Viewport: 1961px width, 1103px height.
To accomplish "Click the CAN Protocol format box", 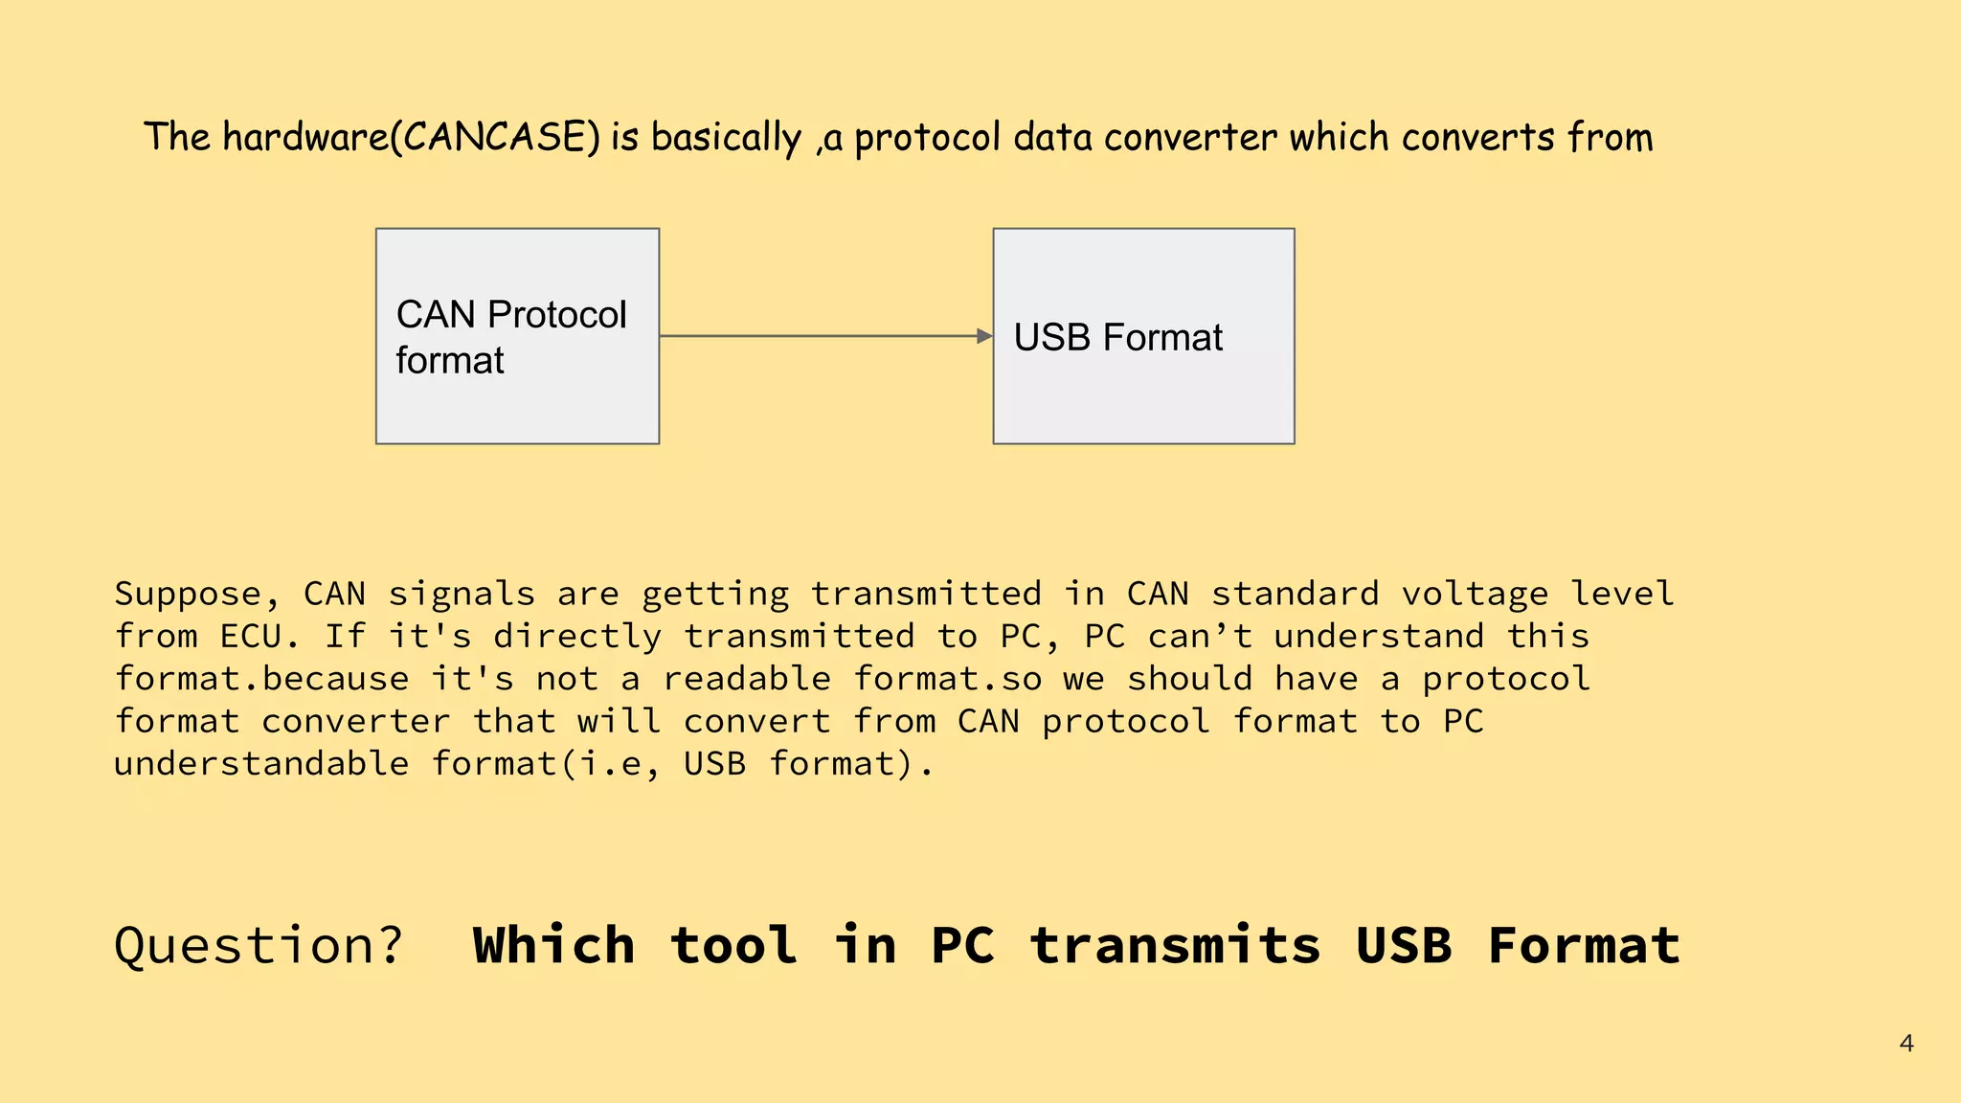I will point(517,336).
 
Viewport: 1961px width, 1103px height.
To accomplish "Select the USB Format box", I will point(1143,336).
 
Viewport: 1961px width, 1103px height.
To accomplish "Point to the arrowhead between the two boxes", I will point(984,336).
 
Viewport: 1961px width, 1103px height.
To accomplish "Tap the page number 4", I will point(1905,1044).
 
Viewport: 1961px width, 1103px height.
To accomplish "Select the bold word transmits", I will point(1175,946).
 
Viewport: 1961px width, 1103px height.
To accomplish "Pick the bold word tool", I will point(733,946).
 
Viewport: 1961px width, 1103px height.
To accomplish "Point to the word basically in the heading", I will point(726,138).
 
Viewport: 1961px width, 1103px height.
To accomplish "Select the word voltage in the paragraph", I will point(1475,595).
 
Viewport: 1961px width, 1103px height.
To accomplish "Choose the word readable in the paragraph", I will point(747,679).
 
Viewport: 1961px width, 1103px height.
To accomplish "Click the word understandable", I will point(261,764).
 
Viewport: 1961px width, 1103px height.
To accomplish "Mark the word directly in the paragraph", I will point(577,637).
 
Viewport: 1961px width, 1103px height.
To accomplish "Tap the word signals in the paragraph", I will point(461,595).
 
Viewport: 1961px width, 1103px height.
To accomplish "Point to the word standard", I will point(1295,595).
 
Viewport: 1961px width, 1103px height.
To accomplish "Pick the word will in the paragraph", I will point(619,721).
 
